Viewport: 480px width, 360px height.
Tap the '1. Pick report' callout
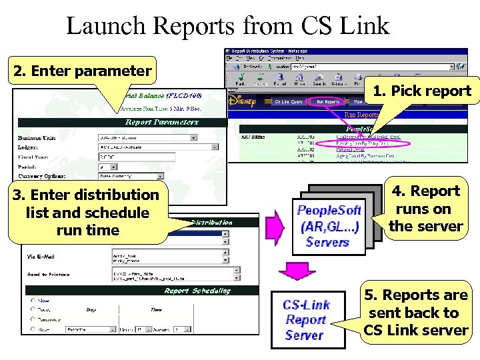coord(422,91)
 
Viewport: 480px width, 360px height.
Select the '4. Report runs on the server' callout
coord(426,209)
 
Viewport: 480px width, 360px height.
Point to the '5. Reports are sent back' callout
coord(416,313)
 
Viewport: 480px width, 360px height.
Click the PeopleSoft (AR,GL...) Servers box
coord(329,226)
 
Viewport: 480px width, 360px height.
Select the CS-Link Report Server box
coord(307,320)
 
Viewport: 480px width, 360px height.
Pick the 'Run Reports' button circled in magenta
coord(328,102)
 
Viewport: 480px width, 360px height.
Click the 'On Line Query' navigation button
coord(289,102)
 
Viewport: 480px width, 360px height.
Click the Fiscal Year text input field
coord(136,157)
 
